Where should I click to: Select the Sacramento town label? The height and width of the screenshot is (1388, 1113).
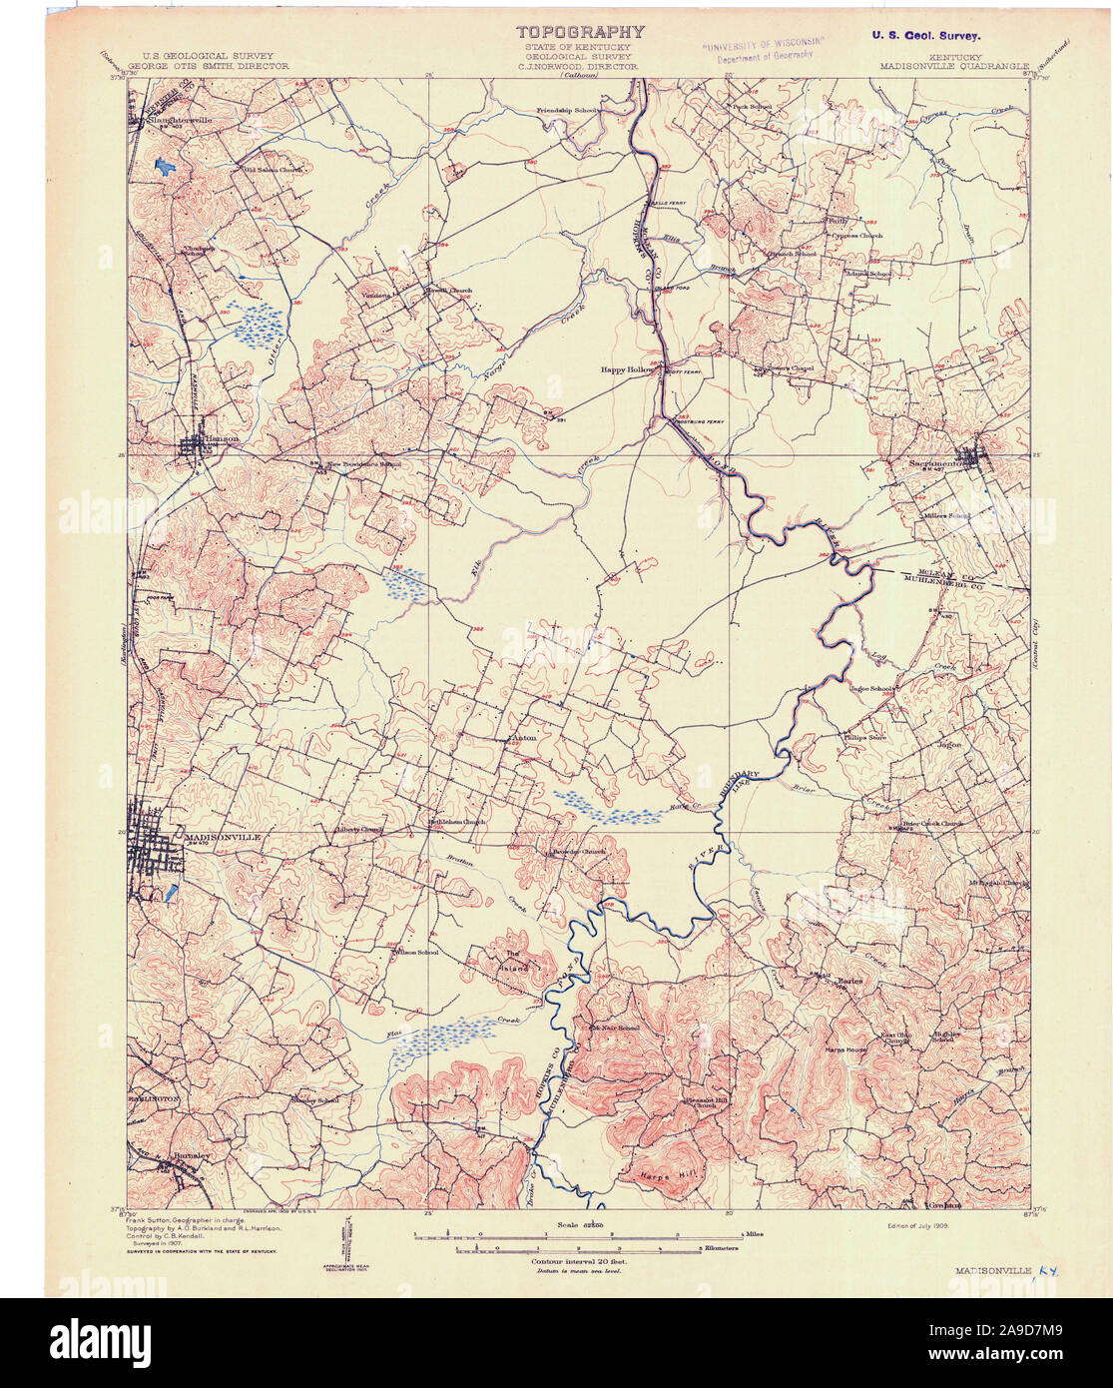point(941,463)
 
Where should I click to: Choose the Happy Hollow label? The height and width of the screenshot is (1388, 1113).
point(627,369)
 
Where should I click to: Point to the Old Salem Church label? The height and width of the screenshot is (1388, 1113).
point(273,170)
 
